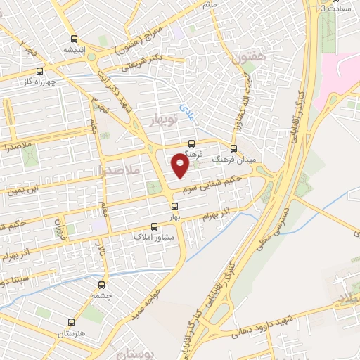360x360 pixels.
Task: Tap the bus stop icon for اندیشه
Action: pyautogui.click(x=75, y=39)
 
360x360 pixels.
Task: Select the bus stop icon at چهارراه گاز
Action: pyautogui.click(x=39, y=71)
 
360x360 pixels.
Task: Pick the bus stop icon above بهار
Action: pyautogui.click(x=175, y=206)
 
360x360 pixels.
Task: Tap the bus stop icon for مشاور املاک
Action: pyautogui.click(x=155, y=226)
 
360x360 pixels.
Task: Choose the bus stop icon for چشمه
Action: pyautogui.click(x=103, y=285)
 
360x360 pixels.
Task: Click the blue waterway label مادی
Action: pyautogui.click(x=185, y=109)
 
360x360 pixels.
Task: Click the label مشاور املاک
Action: pyautogui.click(x=154, y=237)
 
